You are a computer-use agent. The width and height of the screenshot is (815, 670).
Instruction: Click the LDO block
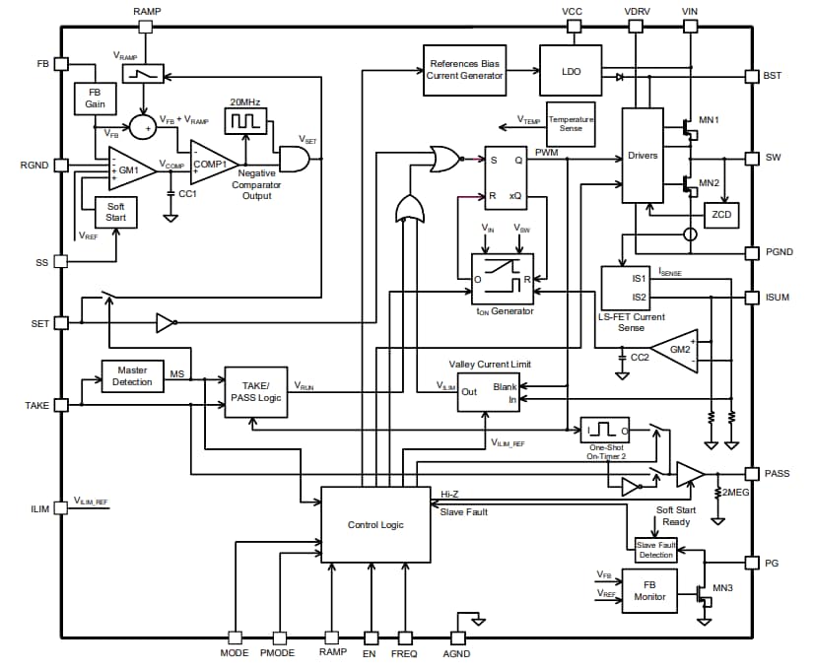(x=570, y=70)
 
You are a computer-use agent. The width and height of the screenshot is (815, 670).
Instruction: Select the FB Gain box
(x=95, y=99)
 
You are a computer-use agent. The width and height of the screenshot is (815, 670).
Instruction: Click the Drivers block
(x=643, y=157)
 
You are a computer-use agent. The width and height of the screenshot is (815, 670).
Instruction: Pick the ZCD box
(x=721, y=216)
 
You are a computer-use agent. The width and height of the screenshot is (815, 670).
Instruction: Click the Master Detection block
(x=133, y=375)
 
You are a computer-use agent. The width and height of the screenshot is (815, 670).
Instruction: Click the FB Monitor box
(x=649, y=590)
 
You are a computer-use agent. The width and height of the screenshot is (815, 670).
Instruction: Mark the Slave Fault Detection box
(x=655, y=550)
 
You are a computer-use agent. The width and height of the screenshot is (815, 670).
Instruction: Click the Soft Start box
(x=115, y=213)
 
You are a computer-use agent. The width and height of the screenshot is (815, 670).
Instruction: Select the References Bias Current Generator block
(x=465, y=70)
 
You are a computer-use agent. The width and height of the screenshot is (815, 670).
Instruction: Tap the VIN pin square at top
(x=689, y=27)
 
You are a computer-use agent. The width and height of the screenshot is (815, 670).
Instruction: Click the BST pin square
(x=752, y=76)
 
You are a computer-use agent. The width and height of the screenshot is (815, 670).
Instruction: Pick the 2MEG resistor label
(x=736, y=492)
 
